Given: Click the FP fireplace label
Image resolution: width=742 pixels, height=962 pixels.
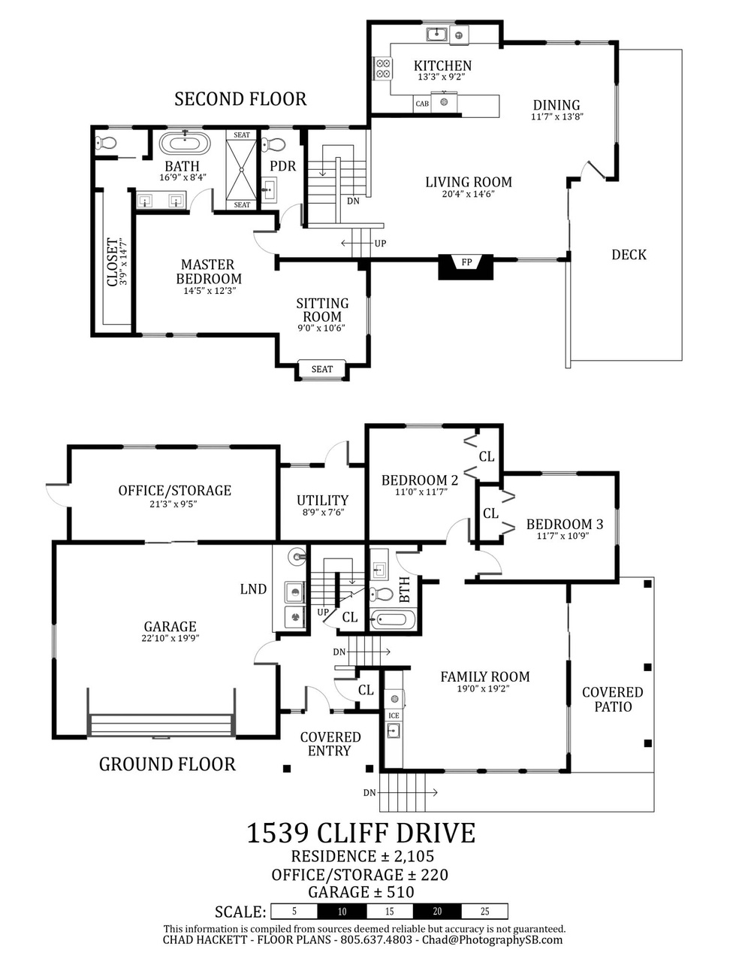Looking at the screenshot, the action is coord(466,262).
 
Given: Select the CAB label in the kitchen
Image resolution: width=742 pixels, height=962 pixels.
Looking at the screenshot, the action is coord(422,104).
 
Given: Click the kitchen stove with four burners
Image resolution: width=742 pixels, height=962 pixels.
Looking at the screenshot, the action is coord(383,68).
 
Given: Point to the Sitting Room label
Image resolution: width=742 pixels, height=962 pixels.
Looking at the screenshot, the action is coord(322,310).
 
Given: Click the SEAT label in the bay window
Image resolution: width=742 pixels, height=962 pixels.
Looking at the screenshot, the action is coord(322,369).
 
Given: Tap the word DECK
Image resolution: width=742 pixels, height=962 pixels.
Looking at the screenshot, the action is coord(629,255).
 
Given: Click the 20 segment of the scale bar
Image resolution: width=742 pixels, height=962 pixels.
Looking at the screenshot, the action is coord(437,911).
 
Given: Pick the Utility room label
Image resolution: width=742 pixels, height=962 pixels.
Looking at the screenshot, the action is coord(322,501).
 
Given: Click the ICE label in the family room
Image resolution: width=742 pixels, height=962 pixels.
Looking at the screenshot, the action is coord(394,715).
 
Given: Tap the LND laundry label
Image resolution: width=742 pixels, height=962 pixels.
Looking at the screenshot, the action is coord(253,588).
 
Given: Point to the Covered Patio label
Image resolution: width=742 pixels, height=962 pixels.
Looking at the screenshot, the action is coord(612,699).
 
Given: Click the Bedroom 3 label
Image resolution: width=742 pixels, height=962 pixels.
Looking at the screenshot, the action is coord(564,524).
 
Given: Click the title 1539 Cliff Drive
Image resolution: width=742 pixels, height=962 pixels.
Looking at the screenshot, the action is coord(360,832).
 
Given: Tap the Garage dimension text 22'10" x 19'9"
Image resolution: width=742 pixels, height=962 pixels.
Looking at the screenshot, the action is coord(170,638).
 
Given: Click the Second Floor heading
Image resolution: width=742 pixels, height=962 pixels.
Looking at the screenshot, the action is coord(240,98).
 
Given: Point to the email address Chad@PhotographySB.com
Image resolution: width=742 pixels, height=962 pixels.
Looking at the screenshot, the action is coord(492,939).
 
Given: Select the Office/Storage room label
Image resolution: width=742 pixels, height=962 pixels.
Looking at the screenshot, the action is coord(175,490).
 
